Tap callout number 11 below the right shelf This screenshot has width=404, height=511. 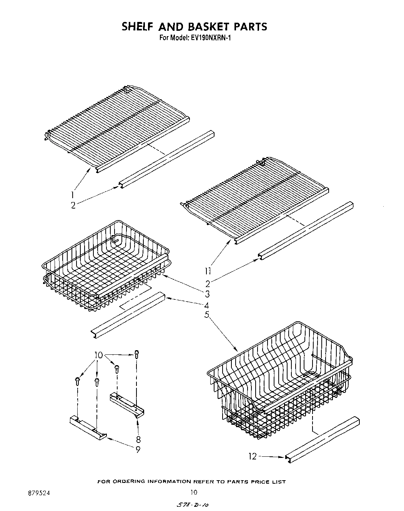(x=208, y=272)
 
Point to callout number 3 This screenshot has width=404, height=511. (x=207, y=294)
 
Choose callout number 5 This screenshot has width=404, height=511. (x=207, y=315)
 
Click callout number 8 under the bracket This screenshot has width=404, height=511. (x=138, y=439)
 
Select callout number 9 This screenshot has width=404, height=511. (x=138, y=449)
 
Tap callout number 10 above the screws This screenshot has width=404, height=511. (x=99, y=355)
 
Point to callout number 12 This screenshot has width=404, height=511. (x=253, y=456)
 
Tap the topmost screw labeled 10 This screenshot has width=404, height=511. (x=136, y=353)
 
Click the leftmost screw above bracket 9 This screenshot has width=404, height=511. (x=77, y=381)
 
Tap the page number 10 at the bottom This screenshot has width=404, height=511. (x=194, y=492)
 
